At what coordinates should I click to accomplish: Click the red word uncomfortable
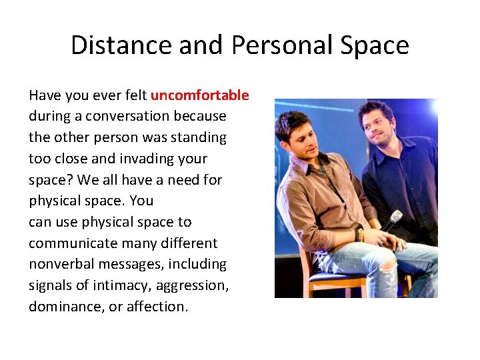coord(199,95)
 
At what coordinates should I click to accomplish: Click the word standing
coord(199,138)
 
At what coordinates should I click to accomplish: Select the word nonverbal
coord(61,265)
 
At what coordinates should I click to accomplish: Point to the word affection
coord(154,307)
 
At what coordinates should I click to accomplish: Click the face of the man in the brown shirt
coord(301,137)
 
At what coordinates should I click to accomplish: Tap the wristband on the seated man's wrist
coord(361,235)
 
